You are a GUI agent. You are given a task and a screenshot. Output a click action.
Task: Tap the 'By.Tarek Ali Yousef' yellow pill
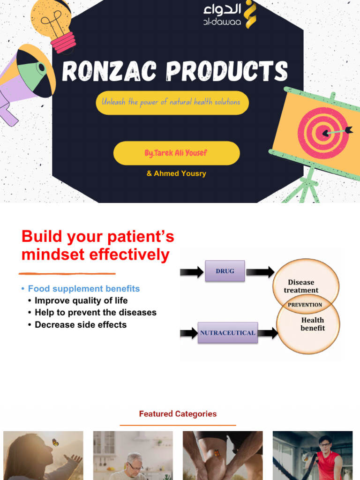176,153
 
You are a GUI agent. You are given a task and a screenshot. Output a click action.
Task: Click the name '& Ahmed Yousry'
176,173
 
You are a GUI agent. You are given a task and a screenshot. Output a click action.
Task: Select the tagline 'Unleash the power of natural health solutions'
172,102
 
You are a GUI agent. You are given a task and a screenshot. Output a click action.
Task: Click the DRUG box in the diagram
225,271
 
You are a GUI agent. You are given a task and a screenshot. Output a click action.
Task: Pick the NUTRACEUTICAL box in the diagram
228,333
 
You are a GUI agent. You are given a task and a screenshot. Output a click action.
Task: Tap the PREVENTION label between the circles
305,305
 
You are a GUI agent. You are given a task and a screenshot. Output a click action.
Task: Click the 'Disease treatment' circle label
301,286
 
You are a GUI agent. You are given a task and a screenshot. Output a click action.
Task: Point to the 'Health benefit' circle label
312,324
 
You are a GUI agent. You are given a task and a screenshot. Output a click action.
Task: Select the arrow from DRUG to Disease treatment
260,271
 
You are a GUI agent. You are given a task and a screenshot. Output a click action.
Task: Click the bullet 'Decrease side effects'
81,324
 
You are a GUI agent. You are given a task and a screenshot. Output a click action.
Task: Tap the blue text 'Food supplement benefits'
84,289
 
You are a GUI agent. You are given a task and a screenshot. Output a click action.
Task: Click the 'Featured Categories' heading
178,414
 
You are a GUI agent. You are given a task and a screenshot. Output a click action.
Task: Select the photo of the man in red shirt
313,455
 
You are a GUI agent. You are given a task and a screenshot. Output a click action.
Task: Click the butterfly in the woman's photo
55,442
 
